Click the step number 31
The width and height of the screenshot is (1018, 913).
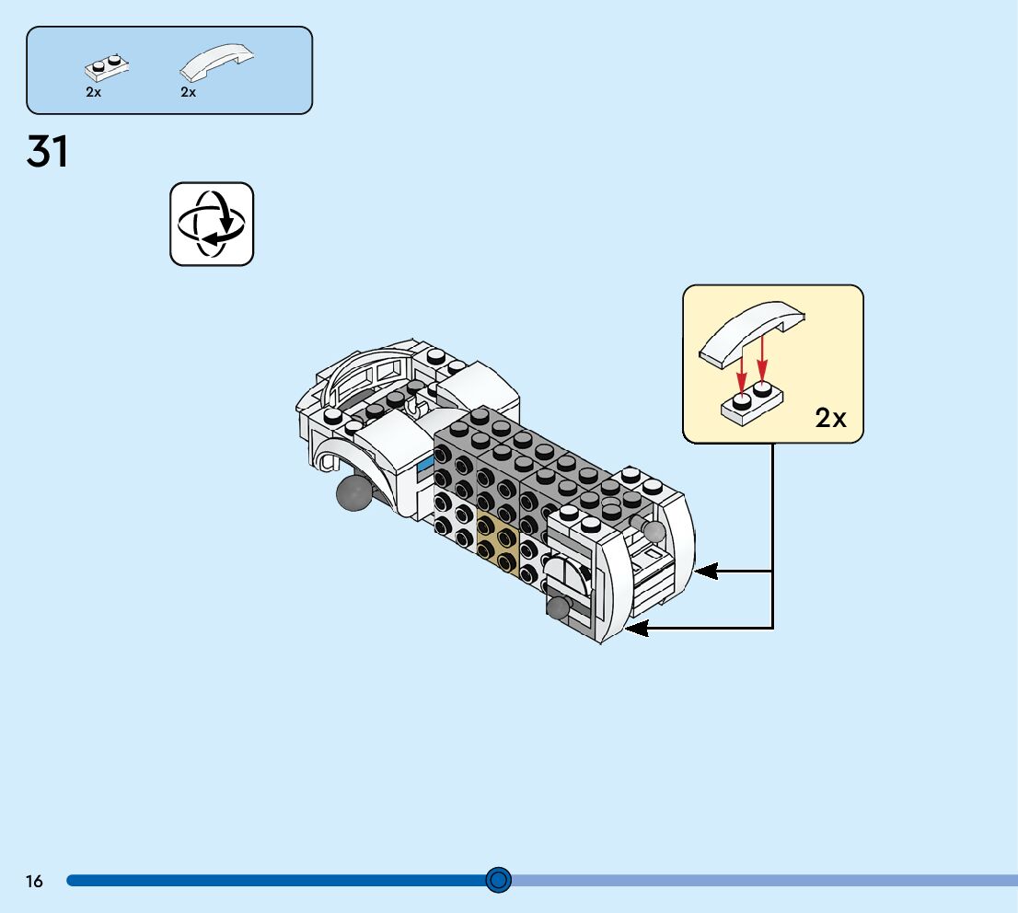coord(48,152)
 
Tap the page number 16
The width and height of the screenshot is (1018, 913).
coord(34,882)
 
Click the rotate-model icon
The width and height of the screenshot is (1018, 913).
coord(212,224)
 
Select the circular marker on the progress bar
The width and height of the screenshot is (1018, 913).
coord(498,880)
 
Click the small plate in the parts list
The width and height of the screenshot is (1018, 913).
coord(107,66)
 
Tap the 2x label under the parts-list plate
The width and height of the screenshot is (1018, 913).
coord(94,92)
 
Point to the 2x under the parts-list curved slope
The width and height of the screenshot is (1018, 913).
coord(189,92)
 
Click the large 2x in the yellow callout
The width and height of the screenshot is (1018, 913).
coord(830,419)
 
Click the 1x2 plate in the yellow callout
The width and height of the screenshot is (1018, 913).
coord(751,403)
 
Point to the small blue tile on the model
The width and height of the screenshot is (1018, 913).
coord(424,467)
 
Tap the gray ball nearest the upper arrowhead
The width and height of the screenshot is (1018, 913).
coord(653,530)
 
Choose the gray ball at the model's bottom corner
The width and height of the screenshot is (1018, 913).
coord(559,607)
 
